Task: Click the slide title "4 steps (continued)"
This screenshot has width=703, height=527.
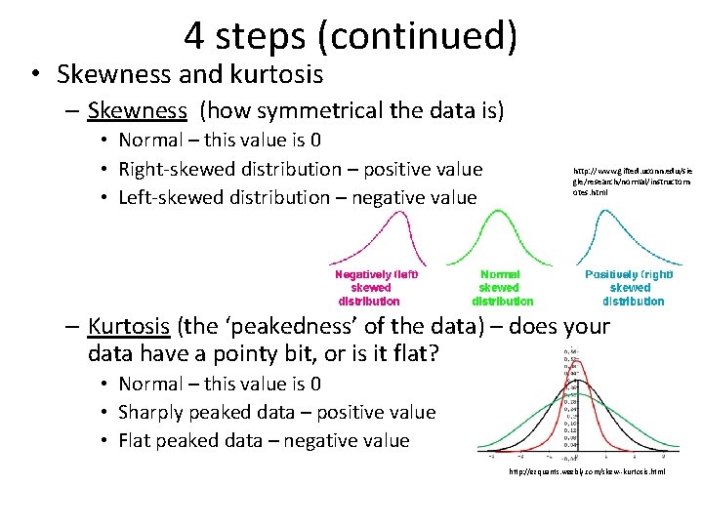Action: point(350,36)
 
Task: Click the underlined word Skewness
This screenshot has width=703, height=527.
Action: point(137,110)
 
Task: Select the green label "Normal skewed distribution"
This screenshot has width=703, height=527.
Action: point(501,288)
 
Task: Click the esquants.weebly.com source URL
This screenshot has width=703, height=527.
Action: point(587,472)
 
